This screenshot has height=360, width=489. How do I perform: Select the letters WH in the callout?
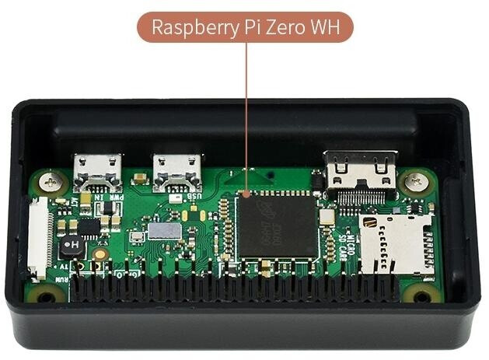coord(327,28)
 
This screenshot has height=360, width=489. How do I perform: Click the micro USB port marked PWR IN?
coord(97,171)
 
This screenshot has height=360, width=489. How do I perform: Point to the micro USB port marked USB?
coord(178,171)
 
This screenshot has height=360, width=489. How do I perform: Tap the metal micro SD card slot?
coord(396,243)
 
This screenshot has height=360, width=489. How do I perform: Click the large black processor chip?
coord(277,225)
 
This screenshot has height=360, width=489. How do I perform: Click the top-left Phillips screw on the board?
coord(52,181)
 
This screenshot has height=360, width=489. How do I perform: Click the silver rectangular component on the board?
coord(162,230)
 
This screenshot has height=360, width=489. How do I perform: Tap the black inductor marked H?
coord(72,246)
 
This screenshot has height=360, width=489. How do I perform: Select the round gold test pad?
coord(100,253)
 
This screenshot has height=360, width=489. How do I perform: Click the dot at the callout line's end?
coord(246,191)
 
